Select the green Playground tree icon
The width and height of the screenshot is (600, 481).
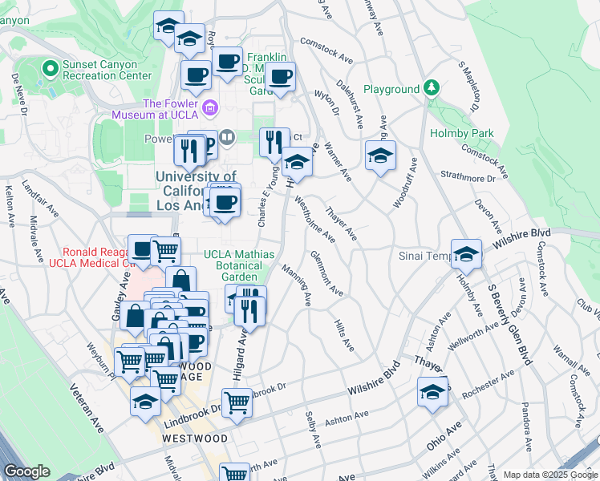[432, 87]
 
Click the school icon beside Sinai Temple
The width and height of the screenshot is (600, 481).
[466, 254]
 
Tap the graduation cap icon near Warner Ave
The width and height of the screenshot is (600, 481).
[380, 155]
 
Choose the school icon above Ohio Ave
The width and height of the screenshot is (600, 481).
[432, 391]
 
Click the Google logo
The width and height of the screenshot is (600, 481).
[26, 471]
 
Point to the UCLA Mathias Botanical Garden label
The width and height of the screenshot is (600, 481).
[239, 265]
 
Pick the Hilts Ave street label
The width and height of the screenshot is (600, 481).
[343, 334]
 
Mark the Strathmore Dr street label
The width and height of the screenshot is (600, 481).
[468, 177]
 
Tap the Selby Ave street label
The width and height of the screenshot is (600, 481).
[313, 430]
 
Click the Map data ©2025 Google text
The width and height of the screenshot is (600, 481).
[549, 475]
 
